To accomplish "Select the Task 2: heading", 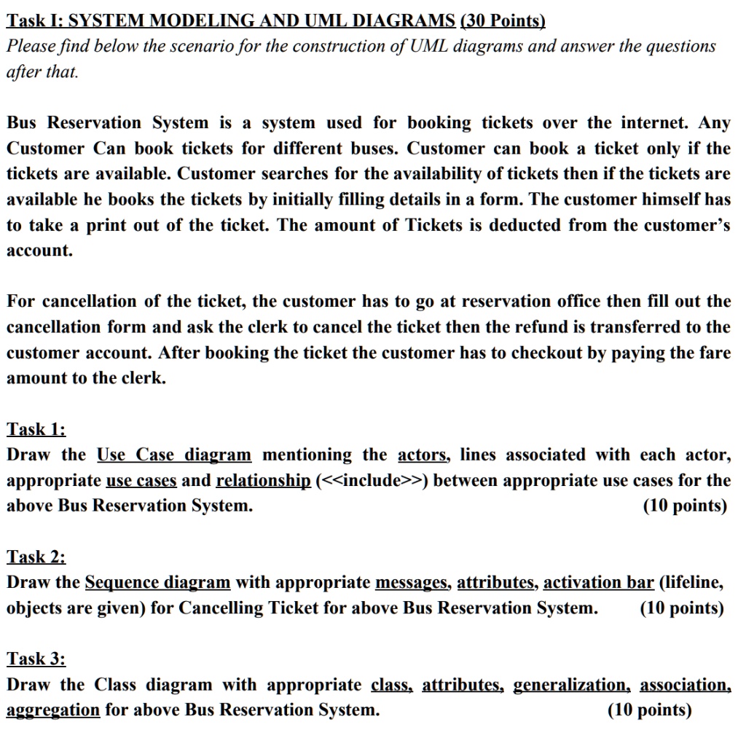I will click(x=36, y=557).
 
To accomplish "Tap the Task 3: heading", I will click(x=36, y=659).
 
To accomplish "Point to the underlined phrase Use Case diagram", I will click(x=174, y=455).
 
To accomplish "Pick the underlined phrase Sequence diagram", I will click(x=157, y=583).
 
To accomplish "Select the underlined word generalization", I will click(x=570, y=685).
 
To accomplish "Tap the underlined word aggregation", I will click(x=52, y=710).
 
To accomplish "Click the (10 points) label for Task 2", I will click(x=682, y=608).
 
